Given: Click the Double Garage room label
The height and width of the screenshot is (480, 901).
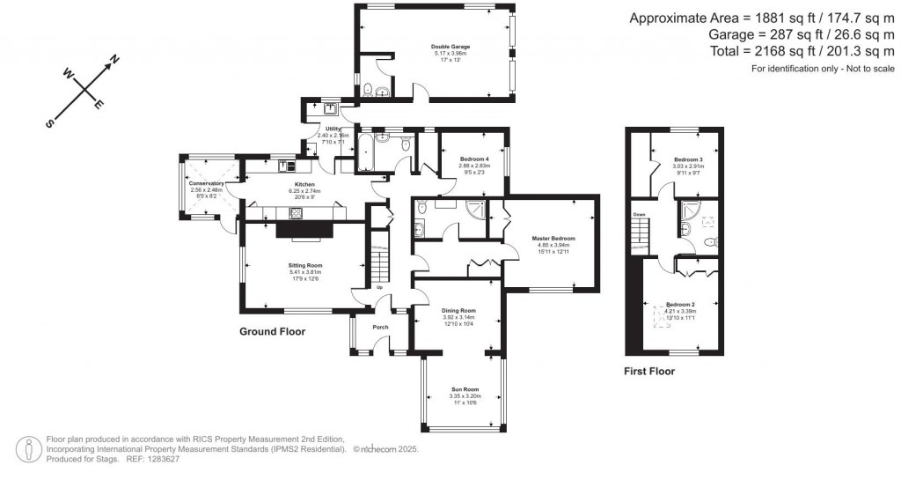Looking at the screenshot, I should pyautogui.click(x=449, y=46).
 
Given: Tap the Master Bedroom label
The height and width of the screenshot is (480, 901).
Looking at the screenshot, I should pyautogui.click(x=553, y=239).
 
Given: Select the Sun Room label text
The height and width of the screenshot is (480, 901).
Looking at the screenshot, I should pyautogui.click(x=465, y=388).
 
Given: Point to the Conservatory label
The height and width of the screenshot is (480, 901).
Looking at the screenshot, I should pyautogui.click(x=208, y=182).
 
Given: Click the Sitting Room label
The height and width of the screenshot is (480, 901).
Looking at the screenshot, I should pyautogui.click(x=305, y=265).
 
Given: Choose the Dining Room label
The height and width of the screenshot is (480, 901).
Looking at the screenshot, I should pyautogui.click(x=458, y=310).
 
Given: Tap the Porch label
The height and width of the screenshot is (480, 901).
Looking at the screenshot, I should pyautogui.click(x=381, y=327).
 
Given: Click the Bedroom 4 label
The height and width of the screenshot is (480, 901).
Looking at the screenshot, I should pyautogui.click(x=472, y=159).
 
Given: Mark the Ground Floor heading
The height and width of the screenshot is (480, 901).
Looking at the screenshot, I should pyautogui.click(x=273, y=333).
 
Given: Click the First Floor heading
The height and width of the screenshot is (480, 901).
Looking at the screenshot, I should pyautogui.click(x=648, y=372).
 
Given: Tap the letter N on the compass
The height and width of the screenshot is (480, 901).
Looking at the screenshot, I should pyautogui.click(x=114, y=60).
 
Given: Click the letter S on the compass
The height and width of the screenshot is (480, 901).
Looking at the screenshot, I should pyautogui.click(x=51, y=124).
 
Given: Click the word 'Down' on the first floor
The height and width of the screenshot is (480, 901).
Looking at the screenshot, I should pyautogui.click(x=640, y=214).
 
